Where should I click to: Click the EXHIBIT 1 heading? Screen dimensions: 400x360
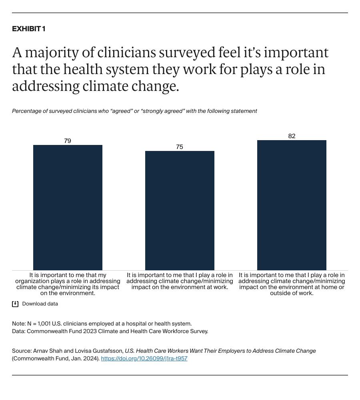28,29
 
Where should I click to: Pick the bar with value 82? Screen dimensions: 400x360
292,205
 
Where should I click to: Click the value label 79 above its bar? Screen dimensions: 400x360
68,141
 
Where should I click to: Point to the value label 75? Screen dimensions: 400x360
180,147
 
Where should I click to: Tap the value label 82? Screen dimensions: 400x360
292,136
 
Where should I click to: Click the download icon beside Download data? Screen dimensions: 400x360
15,304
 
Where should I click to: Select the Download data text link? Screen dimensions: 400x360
40,304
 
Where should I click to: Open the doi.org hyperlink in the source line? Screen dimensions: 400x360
144,359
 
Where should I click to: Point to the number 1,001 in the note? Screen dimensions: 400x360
44,324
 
